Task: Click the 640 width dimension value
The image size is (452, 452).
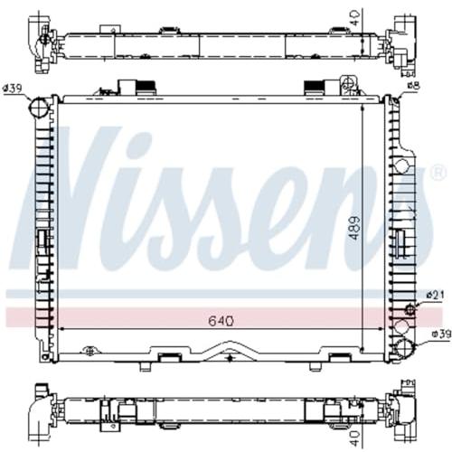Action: (221, 321)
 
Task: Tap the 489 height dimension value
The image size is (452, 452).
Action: (355, 228)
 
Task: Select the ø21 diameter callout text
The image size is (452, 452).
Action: (435, 295)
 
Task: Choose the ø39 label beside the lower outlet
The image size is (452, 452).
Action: (441, 334)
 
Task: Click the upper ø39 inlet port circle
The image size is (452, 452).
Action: (39, 107)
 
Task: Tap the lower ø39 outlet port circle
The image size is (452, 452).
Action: (405, 348)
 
